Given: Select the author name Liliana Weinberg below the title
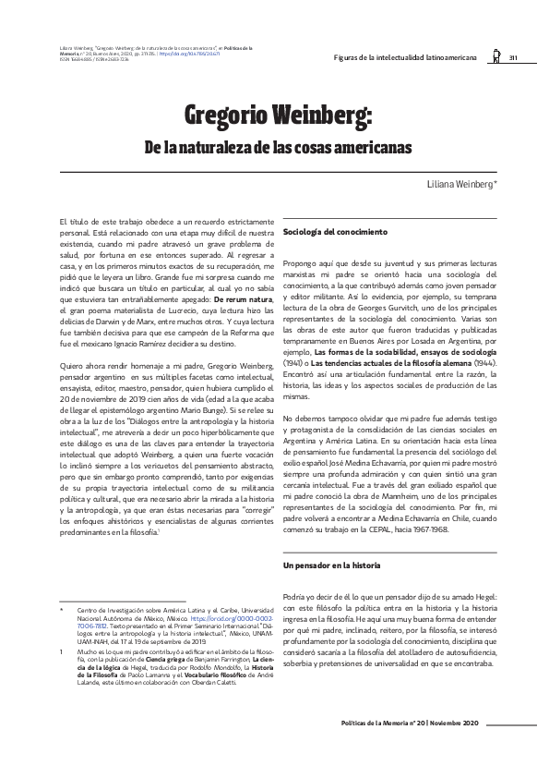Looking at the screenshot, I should coord(467,185).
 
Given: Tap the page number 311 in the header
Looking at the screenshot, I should coord(513,57).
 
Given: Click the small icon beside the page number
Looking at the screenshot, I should coord(495,55).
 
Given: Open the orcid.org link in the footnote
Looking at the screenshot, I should coord(237,617).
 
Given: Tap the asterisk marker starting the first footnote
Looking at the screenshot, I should coord(60,610).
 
